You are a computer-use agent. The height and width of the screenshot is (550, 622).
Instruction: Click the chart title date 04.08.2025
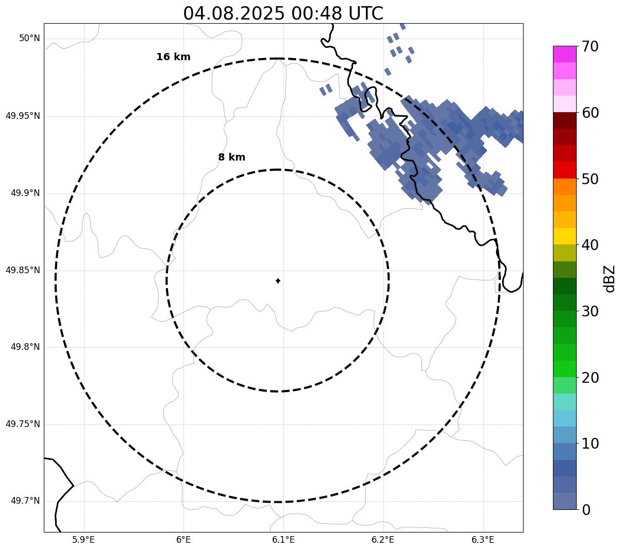click(x=233, y=13)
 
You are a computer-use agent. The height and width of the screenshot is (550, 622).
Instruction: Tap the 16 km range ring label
click(x=173, y=57)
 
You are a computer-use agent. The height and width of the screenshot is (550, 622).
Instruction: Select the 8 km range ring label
click(x=231, y=157)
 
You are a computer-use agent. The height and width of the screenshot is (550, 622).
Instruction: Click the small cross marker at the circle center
click(x=278, y=280)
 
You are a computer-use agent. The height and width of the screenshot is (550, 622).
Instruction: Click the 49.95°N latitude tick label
click(x=23, y=116)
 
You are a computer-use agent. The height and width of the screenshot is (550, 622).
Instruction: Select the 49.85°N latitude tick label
click(x=23, y=270)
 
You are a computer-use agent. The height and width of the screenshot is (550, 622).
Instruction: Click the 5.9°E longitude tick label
click(x=83, y=540)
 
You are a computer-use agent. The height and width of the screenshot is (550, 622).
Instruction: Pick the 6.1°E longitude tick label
click(x=283, y=540)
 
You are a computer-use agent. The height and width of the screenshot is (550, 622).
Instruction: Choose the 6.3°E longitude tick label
click(x=483, y=540)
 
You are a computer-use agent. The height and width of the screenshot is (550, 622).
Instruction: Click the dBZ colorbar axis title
click(x=610, y=279)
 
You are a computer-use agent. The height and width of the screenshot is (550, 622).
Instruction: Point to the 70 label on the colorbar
click(x=590, y=47)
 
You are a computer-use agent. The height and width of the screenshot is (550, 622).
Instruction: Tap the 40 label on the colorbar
click(x=590, y=245)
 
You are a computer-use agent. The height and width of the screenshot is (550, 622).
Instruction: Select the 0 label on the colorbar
click(x=586, y=510)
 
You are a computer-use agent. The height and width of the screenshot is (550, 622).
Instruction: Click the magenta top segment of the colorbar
click(x=564, y=54)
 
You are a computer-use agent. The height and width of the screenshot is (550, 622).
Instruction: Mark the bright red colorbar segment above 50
click(x=564, y=170)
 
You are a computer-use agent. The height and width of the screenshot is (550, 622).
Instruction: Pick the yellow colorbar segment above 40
click(x=564, y=236)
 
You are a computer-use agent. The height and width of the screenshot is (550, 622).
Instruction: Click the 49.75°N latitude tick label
click(x=23, y=424)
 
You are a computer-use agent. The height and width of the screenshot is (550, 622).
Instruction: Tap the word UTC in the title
click(x=365, y=13)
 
